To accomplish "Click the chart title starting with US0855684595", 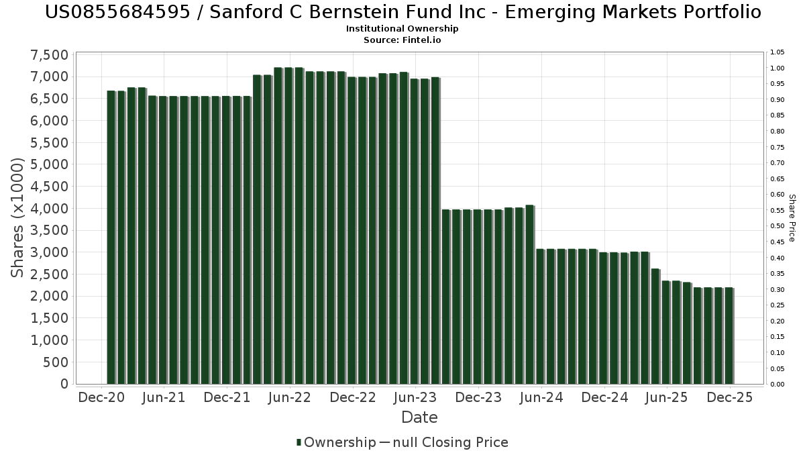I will [402, 12].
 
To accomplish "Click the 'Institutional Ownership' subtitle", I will [402, 29].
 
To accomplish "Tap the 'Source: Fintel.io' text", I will [402, 40].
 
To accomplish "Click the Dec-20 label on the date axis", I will [101, 397].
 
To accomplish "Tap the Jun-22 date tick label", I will [289, 397].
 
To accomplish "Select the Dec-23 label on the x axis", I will [478, 397].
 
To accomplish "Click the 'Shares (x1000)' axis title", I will [18, 218].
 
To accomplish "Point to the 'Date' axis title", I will [419, 417].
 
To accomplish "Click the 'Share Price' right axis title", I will [792, 218].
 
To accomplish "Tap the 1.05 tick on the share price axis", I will [777, 52].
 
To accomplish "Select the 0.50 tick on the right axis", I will [777, 226].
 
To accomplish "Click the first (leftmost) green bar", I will [111, 238].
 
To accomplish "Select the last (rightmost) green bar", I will [729, 336].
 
